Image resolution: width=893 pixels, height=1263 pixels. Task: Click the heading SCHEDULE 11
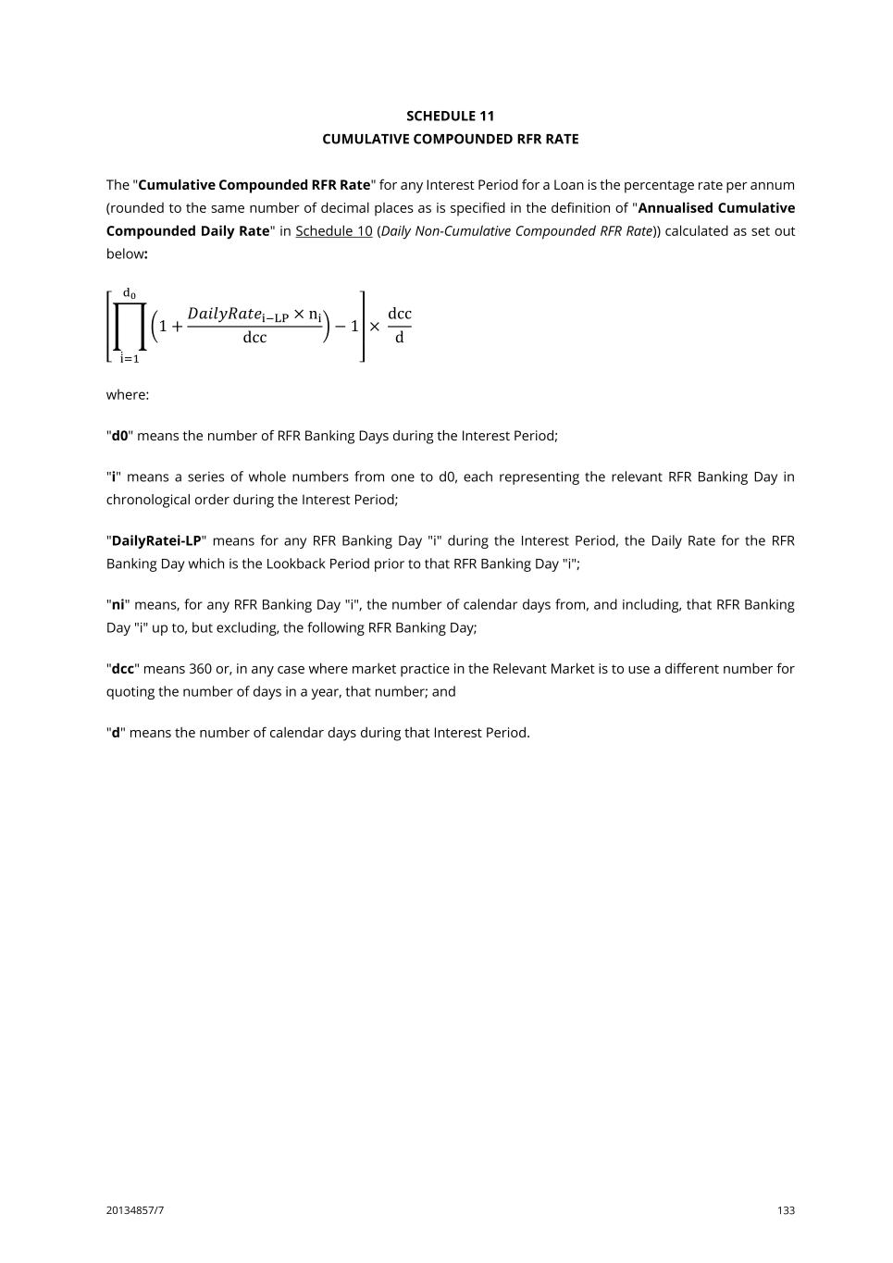pos(450,116)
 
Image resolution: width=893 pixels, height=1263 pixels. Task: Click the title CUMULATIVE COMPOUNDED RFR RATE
pos(450,139)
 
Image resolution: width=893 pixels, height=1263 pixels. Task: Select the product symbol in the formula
pos(130,327)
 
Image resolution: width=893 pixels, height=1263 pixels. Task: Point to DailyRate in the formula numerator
pos(224,314)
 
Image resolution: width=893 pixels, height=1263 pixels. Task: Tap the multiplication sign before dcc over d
pos(375,327)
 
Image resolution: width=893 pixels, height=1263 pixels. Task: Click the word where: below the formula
pos(128,395)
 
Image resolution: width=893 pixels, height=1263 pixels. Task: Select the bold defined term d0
pos(119,436)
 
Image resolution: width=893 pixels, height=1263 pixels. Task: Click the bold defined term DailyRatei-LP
pos(155,541)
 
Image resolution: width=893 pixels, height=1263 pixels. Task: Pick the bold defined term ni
pos(118,605)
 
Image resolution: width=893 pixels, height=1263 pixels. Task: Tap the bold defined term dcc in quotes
pos(122,669)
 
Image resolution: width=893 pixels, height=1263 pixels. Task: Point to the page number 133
pos(786,1210)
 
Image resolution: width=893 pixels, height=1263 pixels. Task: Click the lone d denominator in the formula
pos(399,339)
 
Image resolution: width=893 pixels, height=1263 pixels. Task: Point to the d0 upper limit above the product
pos(130,294)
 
